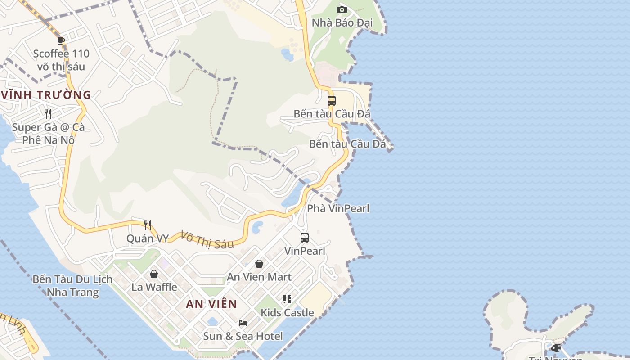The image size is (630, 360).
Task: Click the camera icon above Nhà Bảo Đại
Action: coord(342,9)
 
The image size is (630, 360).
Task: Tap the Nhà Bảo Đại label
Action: coord(342,22)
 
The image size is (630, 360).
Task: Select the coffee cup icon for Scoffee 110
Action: coord(62,40)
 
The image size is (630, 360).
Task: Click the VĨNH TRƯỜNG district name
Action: coord(46,95)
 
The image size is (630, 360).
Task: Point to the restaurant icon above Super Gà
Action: coord(48,113)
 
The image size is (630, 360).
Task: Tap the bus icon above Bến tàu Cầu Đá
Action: coord(332,100)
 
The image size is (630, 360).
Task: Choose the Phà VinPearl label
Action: coord(338,208)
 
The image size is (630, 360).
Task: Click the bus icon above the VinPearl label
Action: coord(305,237)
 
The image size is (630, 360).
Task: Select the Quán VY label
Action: coord(148,238)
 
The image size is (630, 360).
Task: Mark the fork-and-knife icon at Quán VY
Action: coord(148,225)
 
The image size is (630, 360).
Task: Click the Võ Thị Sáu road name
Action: coord(207,239)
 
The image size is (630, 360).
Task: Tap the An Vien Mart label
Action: coord(259,277)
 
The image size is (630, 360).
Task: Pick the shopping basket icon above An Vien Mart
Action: coord(259,264)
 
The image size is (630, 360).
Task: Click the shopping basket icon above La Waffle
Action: coord(154,274)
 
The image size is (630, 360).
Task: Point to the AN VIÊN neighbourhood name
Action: coord(211,304)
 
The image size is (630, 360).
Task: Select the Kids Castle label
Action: coord(287,312)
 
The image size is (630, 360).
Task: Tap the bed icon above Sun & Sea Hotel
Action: coord(243,323)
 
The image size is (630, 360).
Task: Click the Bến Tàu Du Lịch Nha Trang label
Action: coord(72,286)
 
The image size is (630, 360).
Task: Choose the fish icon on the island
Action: coord(556,347)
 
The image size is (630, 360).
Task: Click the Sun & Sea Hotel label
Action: coord(243,336)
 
